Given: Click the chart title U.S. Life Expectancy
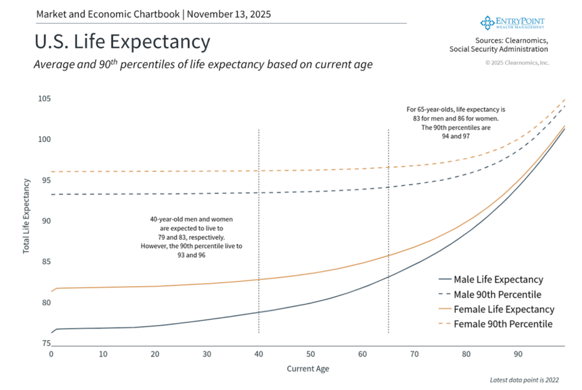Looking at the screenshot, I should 122,42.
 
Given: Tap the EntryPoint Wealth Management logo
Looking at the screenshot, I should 513,23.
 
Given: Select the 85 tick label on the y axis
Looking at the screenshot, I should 44,262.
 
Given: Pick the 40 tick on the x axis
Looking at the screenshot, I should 259,354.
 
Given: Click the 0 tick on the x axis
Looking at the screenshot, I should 51,354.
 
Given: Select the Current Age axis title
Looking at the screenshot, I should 307,368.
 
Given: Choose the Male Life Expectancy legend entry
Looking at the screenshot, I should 498,280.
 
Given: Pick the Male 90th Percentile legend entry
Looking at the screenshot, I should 497,294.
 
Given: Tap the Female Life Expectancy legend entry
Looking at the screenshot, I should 504,309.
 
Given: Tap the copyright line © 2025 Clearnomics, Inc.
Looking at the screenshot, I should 517,63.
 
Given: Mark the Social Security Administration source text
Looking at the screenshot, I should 498,50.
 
